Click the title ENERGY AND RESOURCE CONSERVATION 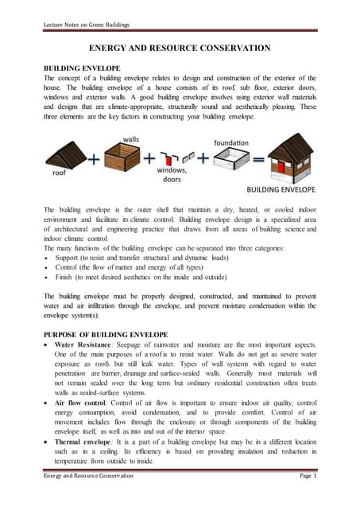coord(179,49)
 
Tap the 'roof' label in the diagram coord(61,169)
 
